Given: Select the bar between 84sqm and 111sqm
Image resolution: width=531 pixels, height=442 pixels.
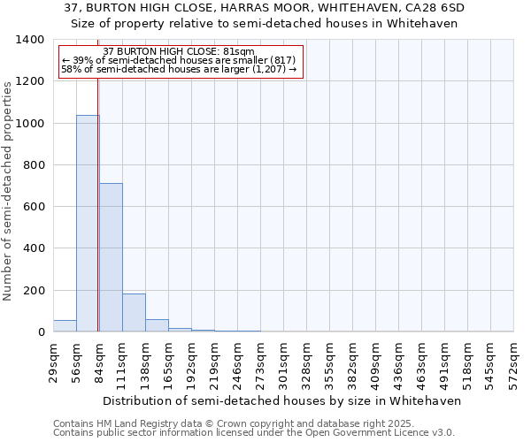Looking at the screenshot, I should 111,257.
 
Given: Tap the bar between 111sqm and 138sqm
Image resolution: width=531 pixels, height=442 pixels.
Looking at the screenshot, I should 134,312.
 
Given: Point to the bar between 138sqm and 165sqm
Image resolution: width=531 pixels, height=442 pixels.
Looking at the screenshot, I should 157,325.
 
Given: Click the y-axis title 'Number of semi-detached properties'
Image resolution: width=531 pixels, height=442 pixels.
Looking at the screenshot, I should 8,191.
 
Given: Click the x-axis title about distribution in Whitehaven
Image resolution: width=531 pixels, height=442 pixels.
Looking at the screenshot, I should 283,400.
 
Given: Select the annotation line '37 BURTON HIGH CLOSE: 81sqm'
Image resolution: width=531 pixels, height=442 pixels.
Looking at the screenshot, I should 179,51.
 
